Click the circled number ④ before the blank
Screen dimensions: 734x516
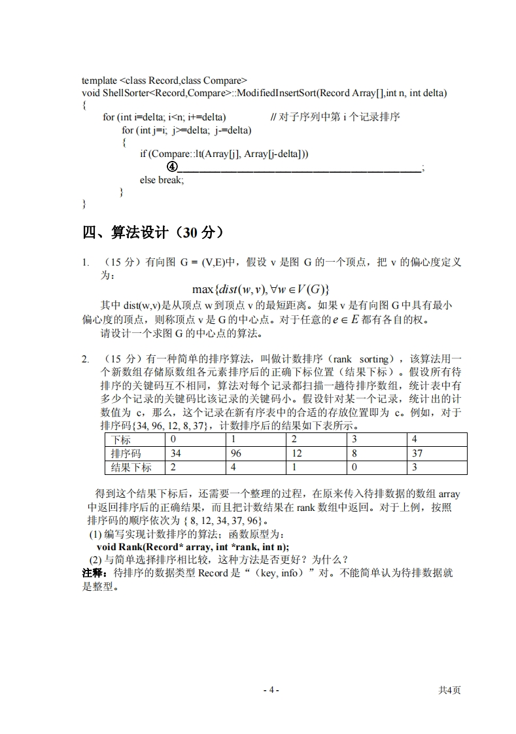point(171,167)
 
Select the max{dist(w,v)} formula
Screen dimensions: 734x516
point(260,289)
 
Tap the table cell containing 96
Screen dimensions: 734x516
point(238,453)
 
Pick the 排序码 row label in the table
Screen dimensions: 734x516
point(126,453)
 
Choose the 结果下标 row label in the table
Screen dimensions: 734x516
point(131,467)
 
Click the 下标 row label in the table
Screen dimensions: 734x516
point(121,440)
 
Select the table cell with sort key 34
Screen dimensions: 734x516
point(175,453)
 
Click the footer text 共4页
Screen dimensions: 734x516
point(449,690)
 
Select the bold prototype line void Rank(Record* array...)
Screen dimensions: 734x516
point(193,547)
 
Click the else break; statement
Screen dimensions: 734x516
point(162,179)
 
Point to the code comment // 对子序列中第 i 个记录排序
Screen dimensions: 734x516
point(335,117)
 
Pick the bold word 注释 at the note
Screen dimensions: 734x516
point(95,573)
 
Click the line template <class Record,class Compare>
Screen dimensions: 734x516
point(164,80)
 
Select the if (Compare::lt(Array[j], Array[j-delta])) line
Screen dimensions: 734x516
point(224,154)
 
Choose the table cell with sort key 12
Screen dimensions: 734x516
point(297,453)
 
